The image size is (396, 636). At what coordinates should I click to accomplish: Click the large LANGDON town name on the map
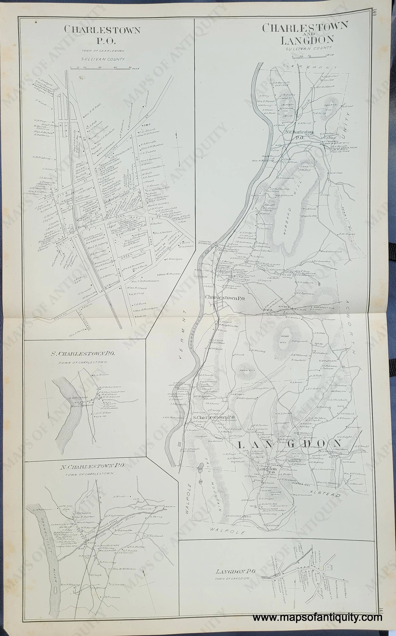pyautogui.click(x=289, y=443)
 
